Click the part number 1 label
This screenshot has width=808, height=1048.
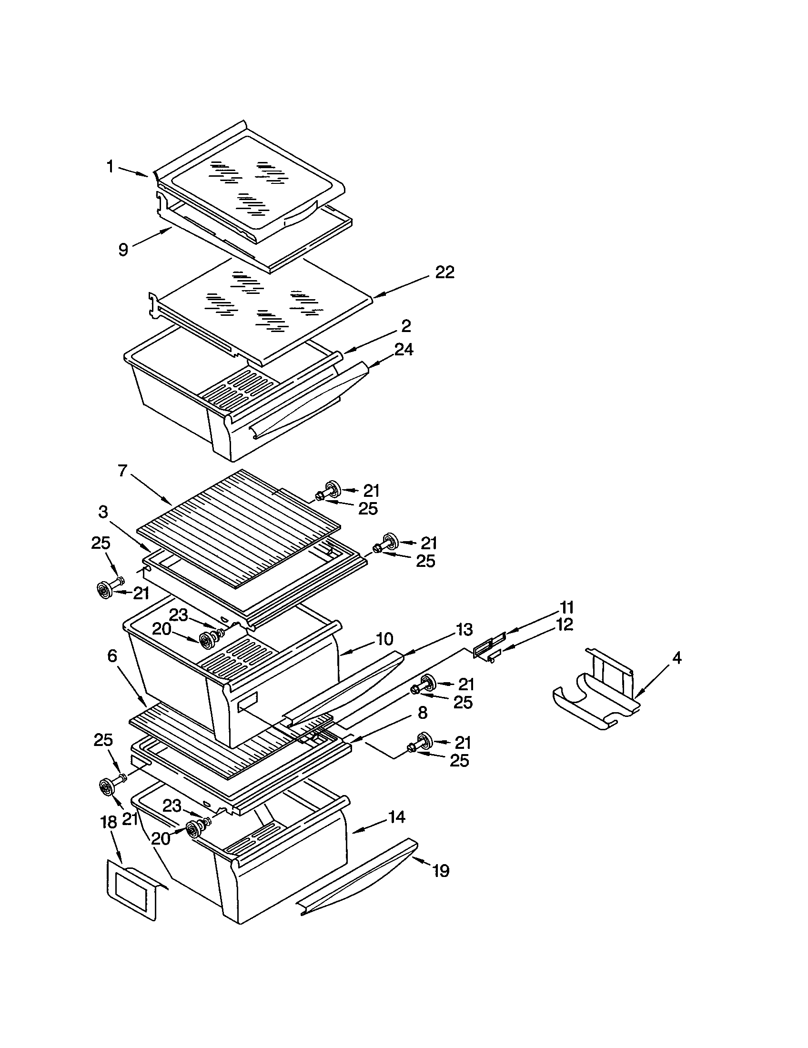tap(110, 167)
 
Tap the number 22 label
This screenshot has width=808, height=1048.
tap(444, 272)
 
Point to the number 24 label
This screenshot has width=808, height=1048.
tap(404, 349)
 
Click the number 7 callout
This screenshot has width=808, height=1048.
tap(123, 471)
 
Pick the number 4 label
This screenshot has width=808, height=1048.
tap(676, 658)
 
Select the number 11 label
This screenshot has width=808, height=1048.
tap(566, 607)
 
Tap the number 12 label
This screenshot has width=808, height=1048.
tap(565, 625)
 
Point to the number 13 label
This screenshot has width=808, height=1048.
tap(464, 629)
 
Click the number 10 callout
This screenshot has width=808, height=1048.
tap(384, 639)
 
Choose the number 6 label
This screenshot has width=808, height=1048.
tap(112, 656)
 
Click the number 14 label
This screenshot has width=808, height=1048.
tap(396, 816)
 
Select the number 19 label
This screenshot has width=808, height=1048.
tap(441, 870)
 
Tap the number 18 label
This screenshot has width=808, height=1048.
tap(109, 822)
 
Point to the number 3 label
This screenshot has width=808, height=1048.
tap(103, 512)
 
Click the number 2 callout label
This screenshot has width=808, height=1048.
tap(406, 326)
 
